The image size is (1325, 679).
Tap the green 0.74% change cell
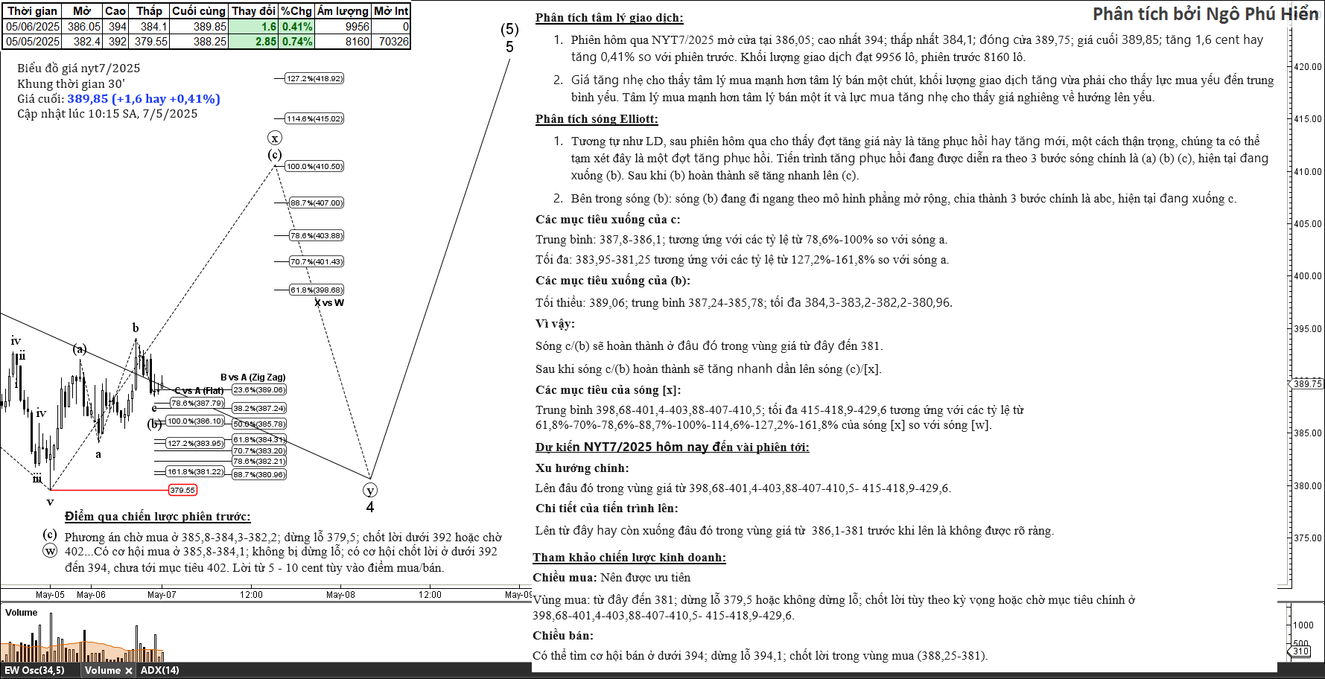pyautogui.click(x=297, y=42)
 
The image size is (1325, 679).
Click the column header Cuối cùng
pyautogui.click(x=198, y=11)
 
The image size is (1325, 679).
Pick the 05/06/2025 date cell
pyautogui.click(x=33, y=27)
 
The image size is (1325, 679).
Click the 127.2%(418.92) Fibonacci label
pyautogui.click(x=314, y=79)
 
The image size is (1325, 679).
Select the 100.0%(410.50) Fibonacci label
pyautogui.click(x=314, y=167)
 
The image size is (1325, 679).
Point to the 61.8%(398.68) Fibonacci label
pyautogui.click(x=317, y=290)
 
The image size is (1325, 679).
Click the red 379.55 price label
pyautogui.click(x=182, y=490)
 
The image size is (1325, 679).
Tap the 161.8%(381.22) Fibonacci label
pyautogui.click(x=195, y=472)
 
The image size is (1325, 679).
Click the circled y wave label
pyautogui.click(x=370, y=491)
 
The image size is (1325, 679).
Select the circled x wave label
pyautogui.click(x=275, y=138)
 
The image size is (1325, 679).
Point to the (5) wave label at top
pyautogui.click(x=509, y=29)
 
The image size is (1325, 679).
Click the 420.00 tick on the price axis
pyautogui.click(x=1307, y=67)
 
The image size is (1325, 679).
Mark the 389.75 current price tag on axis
pyautogui.click(x=1307, y=384)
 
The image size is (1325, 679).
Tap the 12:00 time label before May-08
pyautogui.click(x=251, y=595)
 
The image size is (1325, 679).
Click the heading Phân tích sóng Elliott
pyautogui.click(x=596, y=119)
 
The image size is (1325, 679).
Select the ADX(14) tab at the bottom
pyautogui.click(x=160, y=670)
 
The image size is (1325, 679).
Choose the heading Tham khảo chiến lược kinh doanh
pyautogui.click(x=629, y=558)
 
